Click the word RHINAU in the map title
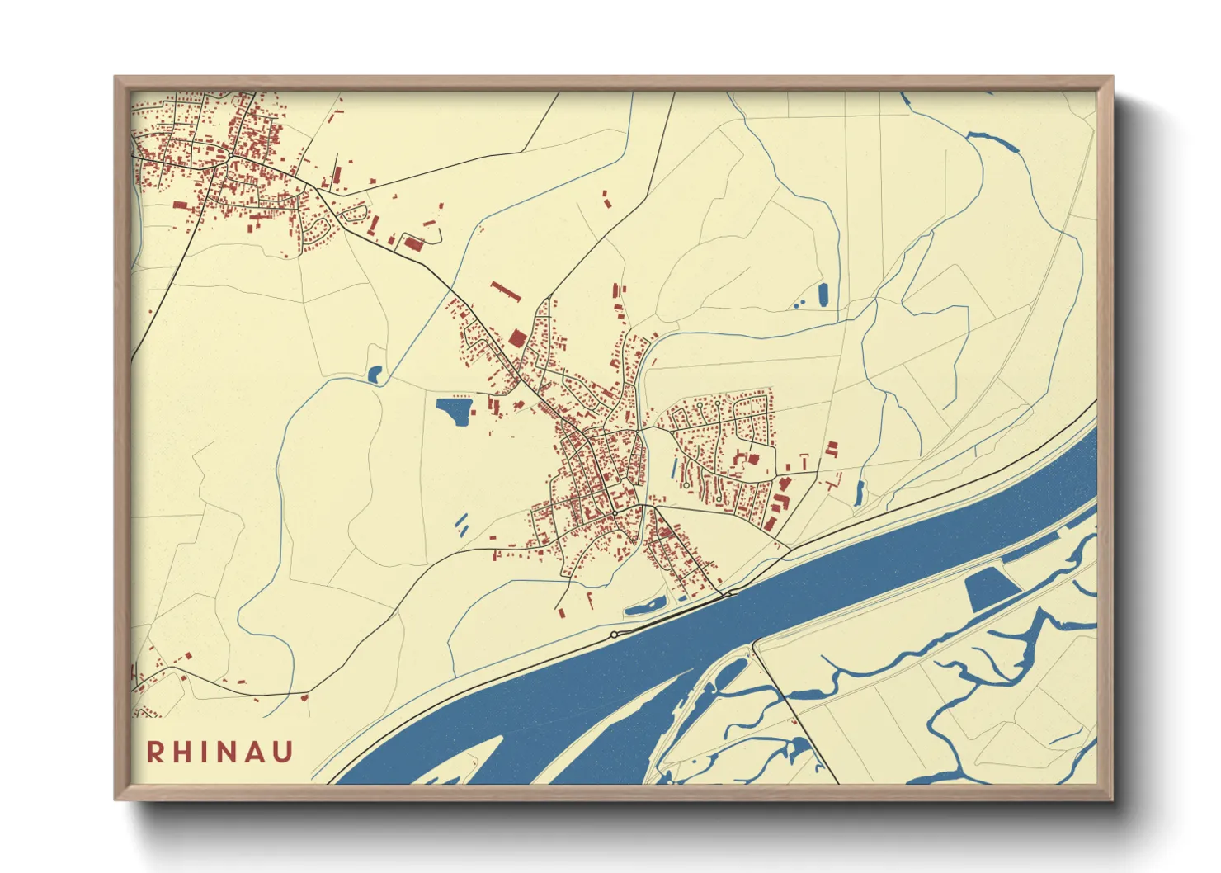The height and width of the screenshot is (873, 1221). (x=220, y=752)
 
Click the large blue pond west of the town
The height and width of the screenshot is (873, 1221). (x=453, y=410)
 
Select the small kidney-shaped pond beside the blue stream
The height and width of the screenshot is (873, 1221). (x=375, y=375)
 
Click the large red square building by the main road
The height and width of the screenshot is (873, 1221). (x=516, y=338)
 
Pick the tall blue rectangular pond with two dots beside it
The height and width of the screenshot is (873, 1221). (x=823, y=295)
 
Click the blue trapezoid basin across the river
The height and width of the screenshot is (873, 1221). (x=992, y=588)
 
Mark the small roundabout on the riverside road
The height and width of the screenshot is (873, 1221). (x=614, y=634)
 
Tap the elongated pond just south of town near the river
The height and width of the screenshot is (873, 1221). (x=645, y=607)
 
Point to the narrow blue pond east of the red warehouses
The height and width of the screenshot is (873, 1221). (x=860, y=493)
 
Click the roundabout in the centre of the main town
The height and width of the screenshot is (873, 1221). (x=615, y=512)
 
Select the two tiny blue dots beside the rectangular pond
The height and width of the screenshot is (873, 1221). (x=798, y=304)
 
